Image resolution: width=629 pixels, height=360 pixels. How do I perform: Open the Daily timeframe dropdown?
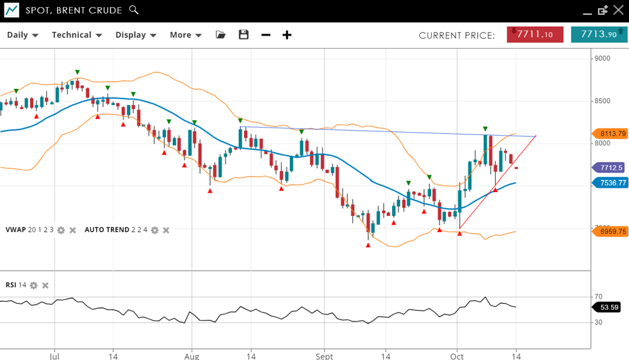[22, 35]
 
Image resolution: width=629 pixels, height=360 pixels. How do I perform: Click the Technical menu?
[77, 35]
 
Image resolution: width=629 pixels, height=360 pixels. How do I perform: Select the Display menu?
[136, 35]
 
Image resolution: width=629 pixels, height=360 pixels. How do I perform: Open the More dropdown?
[186, 35]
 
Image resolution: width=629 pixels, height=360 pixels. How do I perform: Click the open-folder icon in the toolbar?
[221, 35]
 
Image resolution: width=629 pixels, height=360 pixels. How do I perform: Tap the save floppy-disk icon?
[243, 35]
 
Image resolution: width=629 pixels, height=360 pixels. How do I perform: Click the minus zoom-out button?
[266, 35]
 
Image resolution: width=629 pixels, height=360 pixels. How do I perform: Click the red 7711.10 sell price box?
[535, 35]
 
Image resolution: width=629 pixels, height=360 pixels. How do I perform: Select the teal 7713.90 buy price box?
[599, 35]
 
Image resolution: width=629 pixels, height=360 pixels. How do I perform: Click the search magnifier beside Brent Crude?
[134, 10]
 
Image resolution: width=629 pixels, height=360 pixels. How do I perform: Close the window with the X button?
[618, 10]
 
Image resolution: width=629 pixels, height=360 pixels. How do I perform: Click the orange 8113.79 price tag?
[612, 134]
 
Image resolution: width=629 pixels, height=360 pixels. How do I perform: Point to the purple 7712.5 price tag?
[611, 168]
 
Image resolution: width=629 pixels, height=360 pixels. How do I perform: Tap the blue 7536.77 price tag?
[612, 183]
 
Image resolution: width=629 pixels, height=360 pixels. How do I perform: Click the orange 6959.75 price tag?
[612, 232]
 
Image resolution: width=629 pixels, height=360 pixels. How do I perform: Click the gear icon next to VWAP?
[61, 230]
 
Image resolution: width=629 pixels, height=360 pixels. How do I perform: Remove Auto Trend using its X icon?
[166, 230]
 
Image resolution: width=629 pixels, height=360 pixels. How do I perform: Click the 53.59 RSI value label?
[610, 307]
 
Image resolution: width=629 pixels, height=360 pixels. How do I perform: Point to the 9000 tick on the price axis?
[602, 58]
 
